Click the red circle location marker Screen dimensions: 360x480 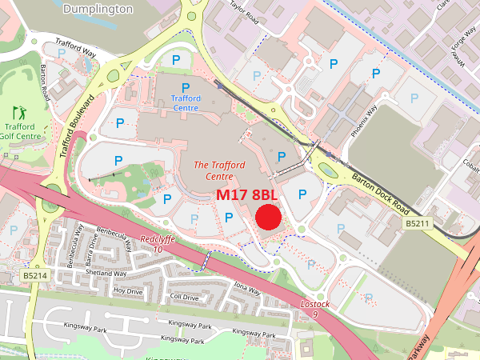click(268, 217)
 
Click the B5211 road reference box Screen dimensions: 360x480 click(418, 222)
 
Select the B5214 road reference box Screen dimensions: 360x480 click(34, 275)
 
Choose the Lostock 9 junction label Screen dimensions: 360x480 click(314, 310)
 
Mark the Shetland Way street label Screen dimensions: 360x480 click(107, 273)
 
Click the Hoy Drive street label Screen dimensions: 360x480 click(127, 290)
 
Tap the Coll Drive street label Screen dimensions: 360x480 click(184, 298)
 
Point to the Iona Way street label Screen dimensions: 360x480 click(246, 288)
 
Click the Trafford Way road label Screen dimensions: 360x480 click(74, 48)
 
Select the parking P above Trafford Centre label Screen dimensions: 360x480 click(186, 87)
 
